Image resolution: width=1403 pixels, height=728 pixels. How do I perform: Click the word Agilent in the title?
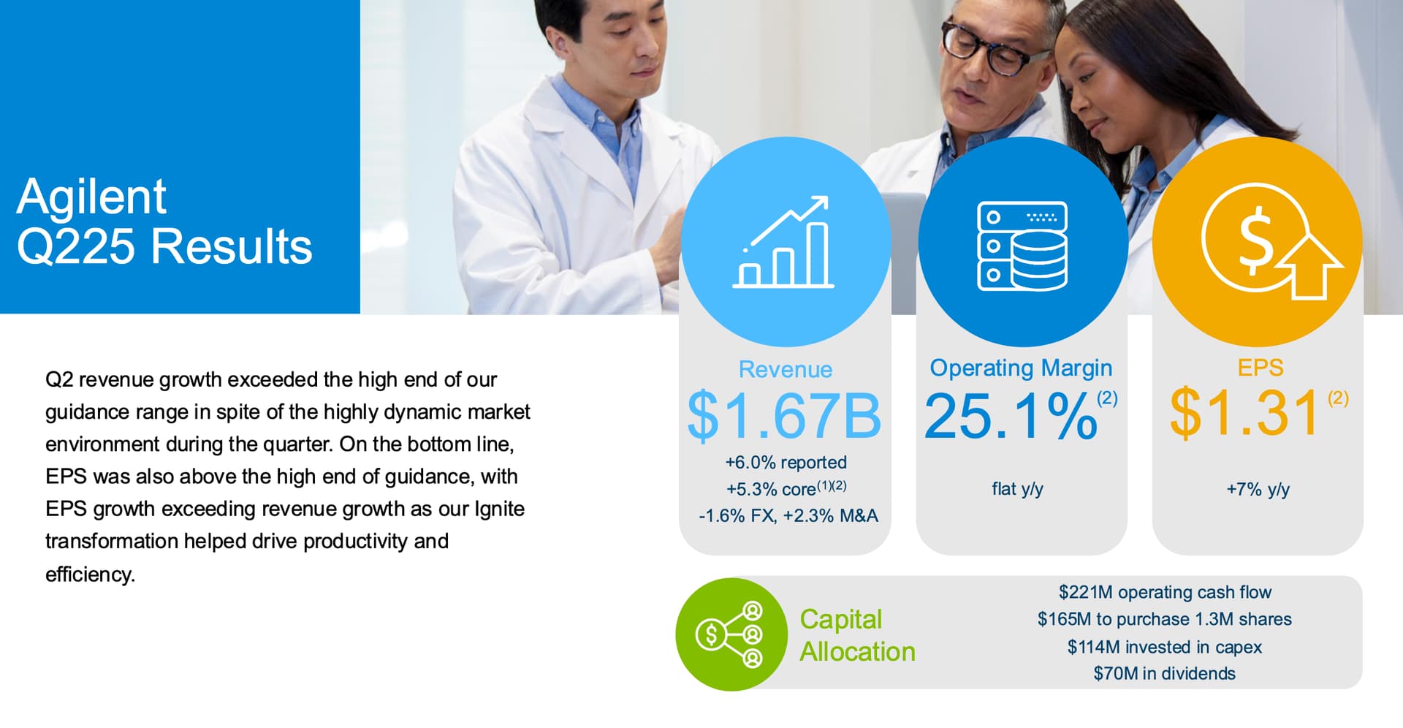91,197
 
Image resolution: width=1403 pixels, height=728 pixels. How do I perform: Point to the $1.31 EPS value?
1245,413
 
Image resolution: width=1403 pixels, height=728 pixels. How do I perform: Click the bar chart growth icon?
783,242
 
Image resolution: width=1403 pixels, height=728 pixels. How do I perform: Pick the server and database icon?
1022,246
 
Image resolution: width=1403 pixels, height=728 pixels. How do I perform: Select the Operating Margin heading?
1021,368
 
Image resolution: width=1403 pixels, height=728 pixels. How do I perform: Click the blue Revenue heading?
786,369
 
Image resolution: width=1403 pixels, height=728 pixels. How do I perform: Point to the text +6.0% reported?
786,463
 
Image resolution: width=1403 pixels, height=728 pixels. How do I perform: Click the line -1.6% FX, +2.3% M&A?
788,516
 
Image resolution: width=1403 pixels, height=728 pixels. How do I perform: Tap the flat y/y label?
1017,489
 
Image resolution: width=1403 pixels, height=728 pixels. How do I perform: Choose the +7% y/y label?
1258,489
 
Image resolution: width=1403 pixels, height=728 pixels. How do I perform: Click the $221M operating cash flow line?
1165,592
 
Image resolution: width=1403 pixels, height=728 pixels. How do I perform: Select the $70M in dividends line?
1165,673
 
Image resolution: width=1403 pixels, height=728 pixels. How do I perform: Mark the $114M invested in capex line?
1165,647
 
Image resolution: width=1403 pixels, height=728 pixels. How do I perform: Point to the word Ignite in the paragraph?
500,509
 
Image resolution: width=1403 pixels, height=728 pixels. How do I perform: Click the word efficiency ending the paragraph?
90,575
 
